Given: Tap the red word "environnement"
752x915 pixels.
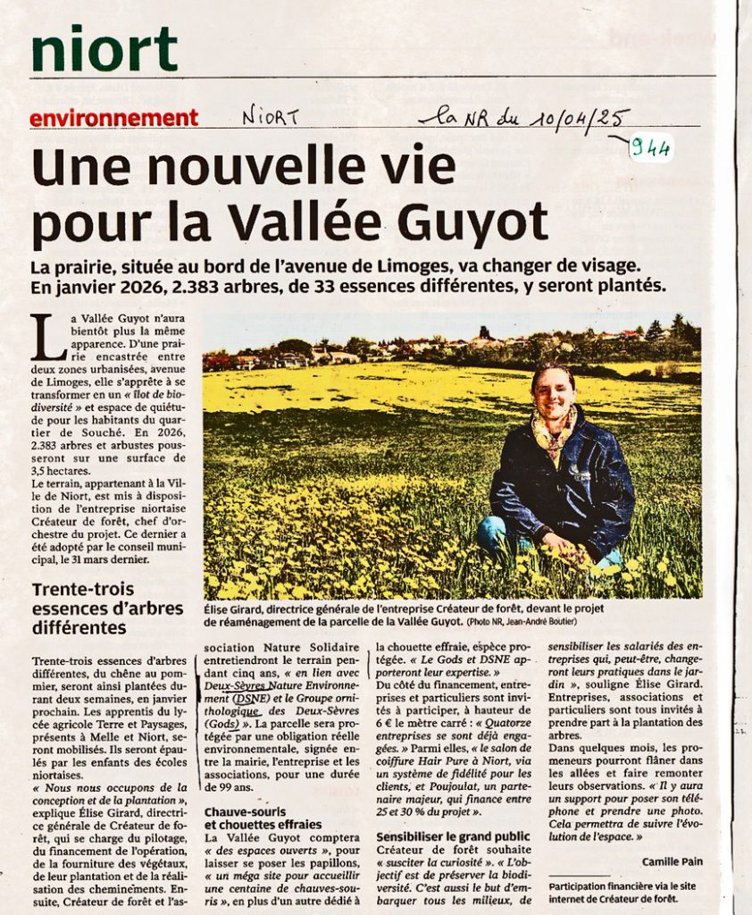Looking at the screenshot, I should point(113,118).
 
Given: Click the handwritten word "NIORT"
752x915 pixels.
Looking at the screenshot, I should point(271,116).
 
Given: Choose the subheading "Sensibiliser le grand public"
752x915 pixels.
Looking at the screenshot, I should point(454,835).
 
